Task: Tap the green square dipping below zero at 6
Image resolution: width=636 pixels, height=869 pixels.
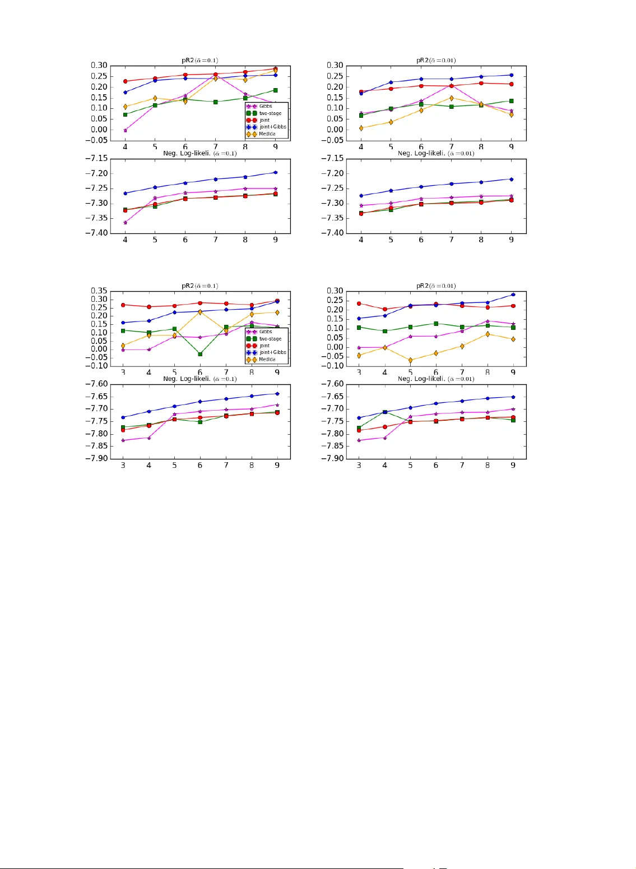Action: pyautogui.click(x=200, y=354)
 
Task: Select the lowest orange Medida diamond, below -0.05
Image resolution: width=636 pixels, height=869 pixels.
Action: pyautogui.click(x=410, y=360)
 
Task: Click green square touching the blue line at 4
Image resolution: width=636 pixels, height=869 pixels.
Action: pyautogui.click(x=384, y=412)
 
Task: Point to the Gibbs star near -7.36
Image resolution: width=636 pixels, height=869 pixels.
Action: pyautogui.click(x=125, y=223)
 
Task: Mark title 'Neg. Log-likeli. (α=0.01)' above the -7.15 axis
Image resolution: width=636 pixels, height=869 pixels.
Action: pyautogui.click(x=435, y=153)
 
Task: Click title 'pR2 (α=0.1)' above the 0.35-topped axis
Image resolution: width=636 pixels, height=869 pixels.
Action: pyautogui.click(x=199, y=286)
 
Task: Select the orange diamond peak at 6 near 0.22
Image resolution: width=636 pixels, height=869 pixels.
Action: pyautogui.click(x=200, y=312)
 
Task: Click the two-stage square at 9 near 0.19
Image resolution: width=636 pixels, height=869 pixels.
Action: pyautogui.click(x=275, y=90)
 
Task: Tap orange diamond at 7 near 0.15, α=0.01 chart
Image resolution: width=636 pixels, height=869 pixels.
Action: pyautogui.click(x=451, y=98)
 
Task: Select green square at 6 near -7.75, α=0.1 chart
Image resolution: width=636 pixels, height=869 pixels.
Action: pyautogui.click(x=200, y=421)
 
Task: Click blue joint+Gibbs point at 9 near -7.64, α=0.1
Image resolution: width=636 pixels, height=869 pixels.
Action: pyautogui.click(x=277, y=393)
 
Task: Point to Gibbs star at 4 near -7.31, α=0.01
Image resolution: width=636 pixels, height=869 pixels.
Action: pyautogui.click(x=361, y=205)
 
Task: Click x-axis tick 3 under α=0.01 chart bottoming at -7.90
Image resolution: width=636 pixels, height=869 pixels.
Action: pyautogui.click(x=359, y=465)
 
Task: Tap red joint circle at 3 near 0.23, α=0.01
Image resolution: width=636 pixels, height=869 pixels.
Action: pyautogui.click(x=359, y=304)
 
